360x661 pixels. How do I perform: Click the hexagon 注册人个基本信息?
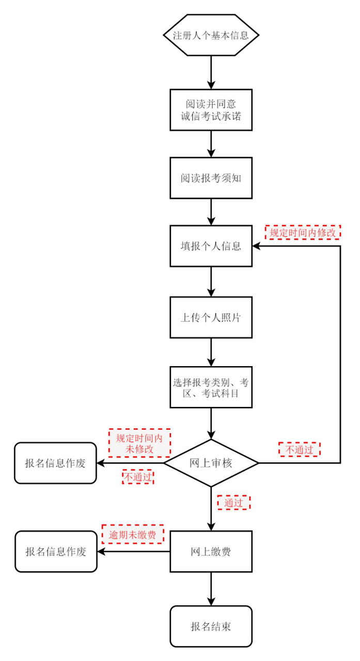(211, 36)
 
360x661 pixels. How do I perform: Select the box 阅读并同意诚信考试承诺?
(211, 109)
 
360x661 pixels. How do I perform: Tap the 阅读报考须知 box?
(211, 178)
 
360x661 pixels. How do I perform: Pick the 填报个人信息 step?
(211, 246)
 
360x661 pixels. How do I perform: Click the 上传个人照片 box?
(211, 317)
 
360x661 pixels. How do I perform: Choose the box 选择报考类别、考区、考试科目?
(211, 387)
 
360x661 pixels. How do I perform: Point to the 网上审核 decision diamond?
(211, 463)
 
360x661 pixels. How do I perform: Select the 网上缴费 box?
(211, 552)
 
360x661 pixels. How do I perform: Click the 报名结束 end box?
(211, 626)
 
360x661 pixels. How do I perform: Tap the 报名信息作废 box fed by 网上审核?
(55, 463)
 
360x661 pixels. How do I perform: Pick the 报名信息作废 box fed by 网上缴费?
(56, 552)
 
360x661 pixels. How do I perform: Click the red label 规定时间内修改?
(303, 232)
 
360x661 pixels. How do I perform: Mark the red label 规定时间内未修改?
(139, 443)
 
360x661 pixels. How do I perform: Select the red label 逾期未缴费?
(133, 534)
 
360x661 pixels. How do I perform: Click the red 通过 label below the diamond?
(233, 502)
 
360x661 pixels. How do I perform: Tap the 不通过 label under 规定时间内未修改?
(138, 477)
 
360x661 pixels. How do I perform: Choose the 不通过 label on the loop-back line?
(300, 449)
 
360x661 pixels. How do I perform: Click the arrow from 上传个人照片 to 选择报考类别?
(211, 352)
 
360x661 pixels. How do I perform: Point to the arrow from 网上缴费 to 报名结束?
(211, 589)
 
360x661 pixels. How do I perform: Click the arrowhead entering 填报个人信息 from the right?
(257, 246)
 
